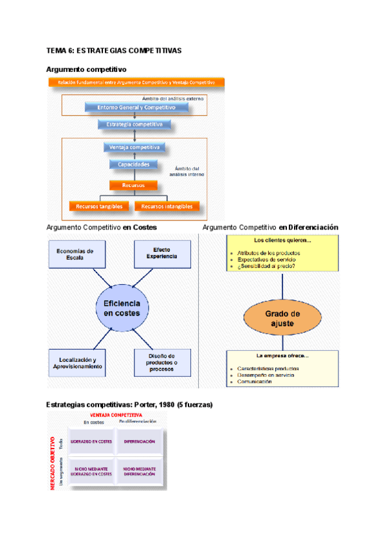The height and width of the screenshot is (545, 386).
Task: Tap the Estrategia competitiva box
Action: tap(134, 123)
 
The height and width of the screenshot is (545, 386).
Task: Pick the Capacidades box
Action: tap(133, 165)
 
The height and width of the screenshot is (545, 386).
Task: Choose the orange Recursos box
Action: tap(133, 185)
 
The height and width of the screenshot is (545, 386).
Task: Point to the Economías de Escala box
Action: tap(75, 255)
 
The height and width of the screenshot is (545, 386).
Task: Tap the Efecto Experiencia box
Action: tap(161, 254)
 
